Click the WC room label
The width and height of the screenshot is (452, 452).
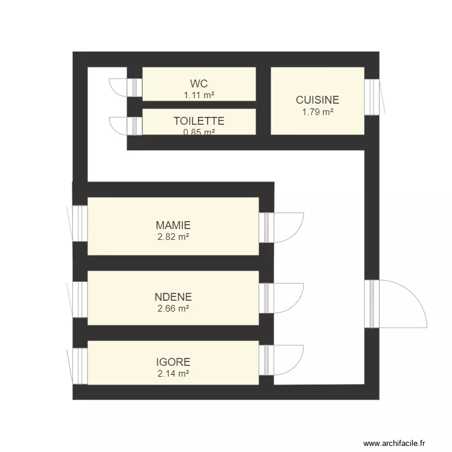199,83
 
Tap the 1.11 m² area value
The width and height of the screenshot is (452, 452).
199,95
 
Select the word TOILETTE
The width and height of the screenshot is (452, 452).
199,121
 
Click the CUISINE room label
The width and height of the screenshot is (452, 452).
317,100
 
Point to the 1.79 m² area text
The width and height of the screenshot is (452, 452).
317,111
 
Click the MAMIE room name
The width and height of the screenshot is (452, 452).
173,225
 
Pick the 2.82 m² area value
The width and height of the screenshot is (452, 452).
173,237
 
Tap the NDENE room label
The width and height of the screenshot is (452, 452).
173,297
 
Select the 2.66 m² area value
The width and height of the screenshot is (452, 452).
173,308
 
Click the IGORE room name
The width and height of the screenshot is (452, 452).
173,362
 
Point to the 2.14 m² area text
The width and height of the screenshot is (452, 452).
173,374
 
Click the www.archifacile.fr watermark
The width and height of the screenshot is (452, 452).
398,443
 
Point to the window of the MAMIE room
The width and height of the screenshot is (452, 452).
80,224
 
